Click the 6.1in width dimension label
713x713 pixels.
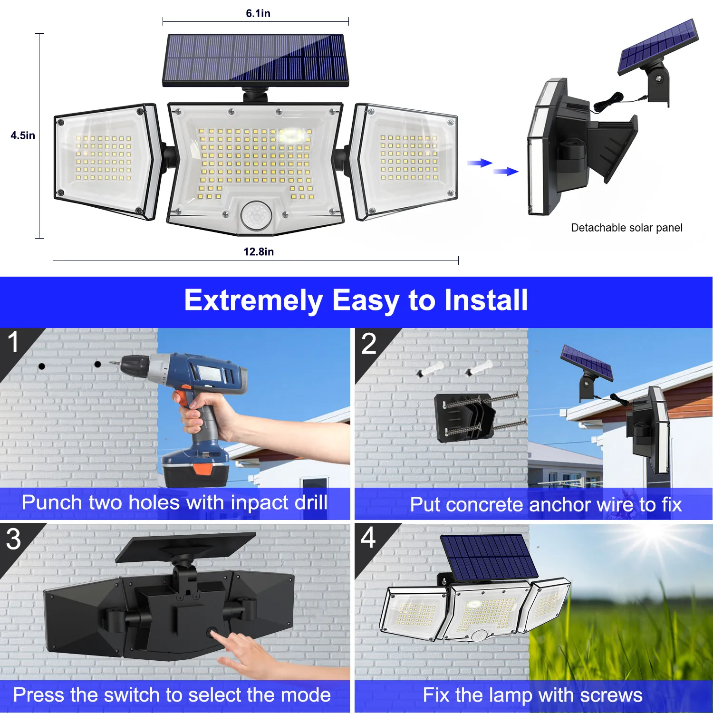[x=258, y=13]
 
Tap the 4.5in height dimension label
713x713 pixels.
[x=23, y=135]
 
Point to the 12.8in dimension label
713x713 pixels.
[x=259, y=251]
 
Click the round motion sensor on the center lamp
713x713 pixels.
[x=256, y=215]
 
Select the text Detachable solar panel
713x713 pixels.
[x=626, y=228]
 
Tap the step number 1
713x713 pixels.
[x=13, y=342]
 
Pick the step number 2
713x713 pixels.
[x=368, y=344]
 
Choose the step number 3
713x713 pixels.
[x=13, y=539]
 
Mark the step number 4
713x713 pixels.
[x=368, y=538]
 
